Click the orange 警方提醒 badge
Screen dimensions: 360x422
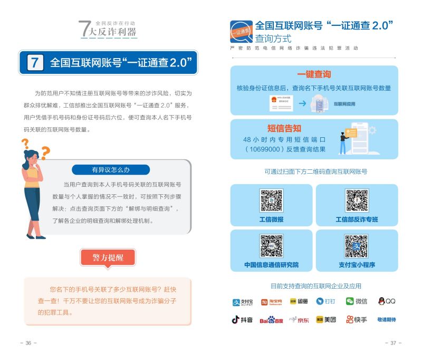coord(108,258)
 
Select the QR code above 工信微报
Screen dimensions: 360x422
coord(271,201)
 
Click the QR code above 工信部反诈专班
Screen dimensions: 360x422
coord(357,201)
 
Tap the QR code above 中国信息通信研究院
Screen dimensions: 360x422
coord(271,246)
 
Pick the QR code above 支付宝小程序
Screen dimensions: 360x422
coord(357,246)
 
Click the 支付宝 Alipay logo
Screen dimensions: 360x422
coord(243,302)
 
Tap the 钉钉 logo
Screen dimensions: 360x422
coord(326,301)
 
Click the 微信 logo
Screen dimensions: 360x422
coord(357,301)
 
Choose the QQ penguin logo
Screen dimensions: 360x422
coord(387,301)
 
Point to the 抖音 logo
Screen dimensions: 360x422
coord(243,319)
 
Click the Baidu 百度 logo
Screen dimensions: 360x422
coord(271,320)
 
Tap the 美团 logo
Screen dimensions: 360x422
coord(326,319)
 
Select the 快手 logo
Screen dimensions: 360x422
coord(357,319)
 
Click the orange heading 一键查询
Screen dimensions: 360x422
coord(314,75)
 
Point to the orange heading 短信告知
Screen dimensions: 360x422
coord(284,128)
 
